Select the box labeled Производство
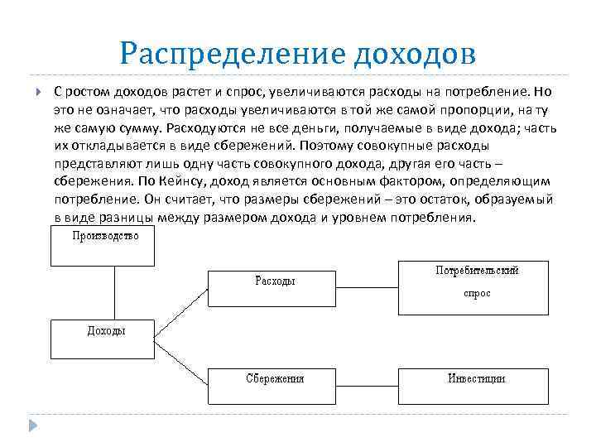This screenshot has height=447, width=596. (103, 246)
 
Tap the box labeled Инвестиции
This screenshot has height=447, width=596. (474, 385)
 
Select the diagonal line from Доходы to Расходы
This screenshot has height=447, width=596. (180, 314)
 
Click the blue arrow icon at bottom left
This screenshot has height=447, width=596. (33, 426)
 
